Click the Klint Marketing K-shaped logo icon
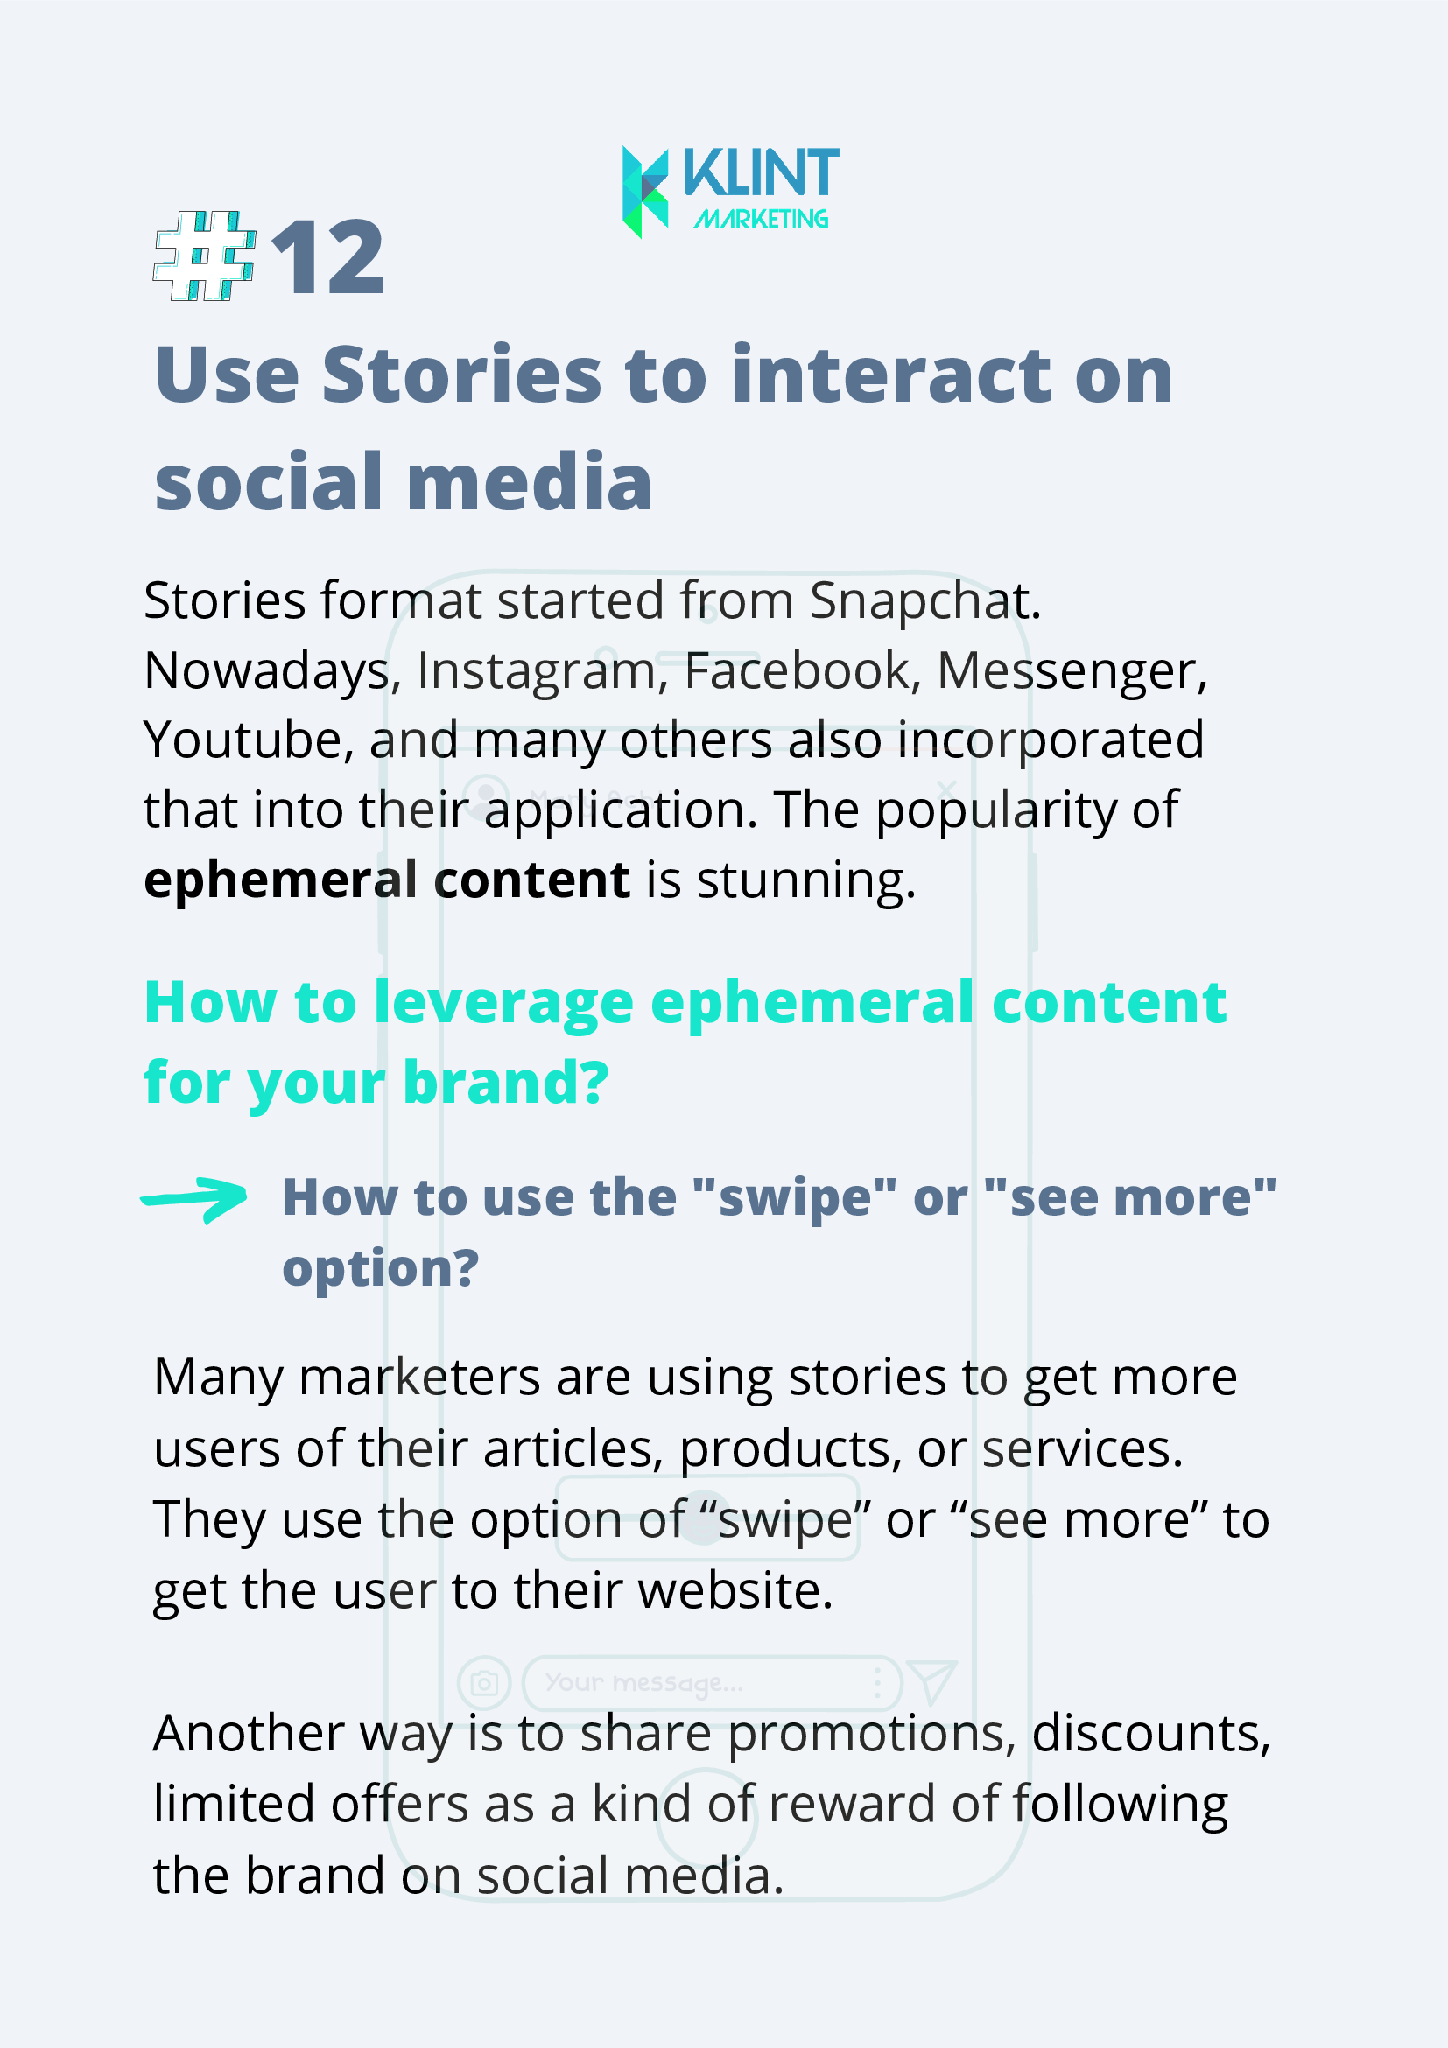(x=645, y=192)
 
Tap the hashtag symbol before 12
(x=205, y=256)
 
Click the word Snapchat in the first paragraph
(x=925, y=600)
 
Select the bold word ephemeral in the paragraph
(x=280, y=881)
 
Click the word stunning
(x=805, y=881)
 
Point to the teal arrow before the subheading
(x=194, y=1200)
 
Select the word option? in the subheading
(x=381, y=1268)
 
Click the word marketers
(x=419, y=1378)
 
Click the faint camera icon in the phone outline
(x=483, y=1683)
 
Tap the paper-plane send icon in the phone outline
(x=931, y=1681)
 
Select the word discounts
(x=1151, y=1734)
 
